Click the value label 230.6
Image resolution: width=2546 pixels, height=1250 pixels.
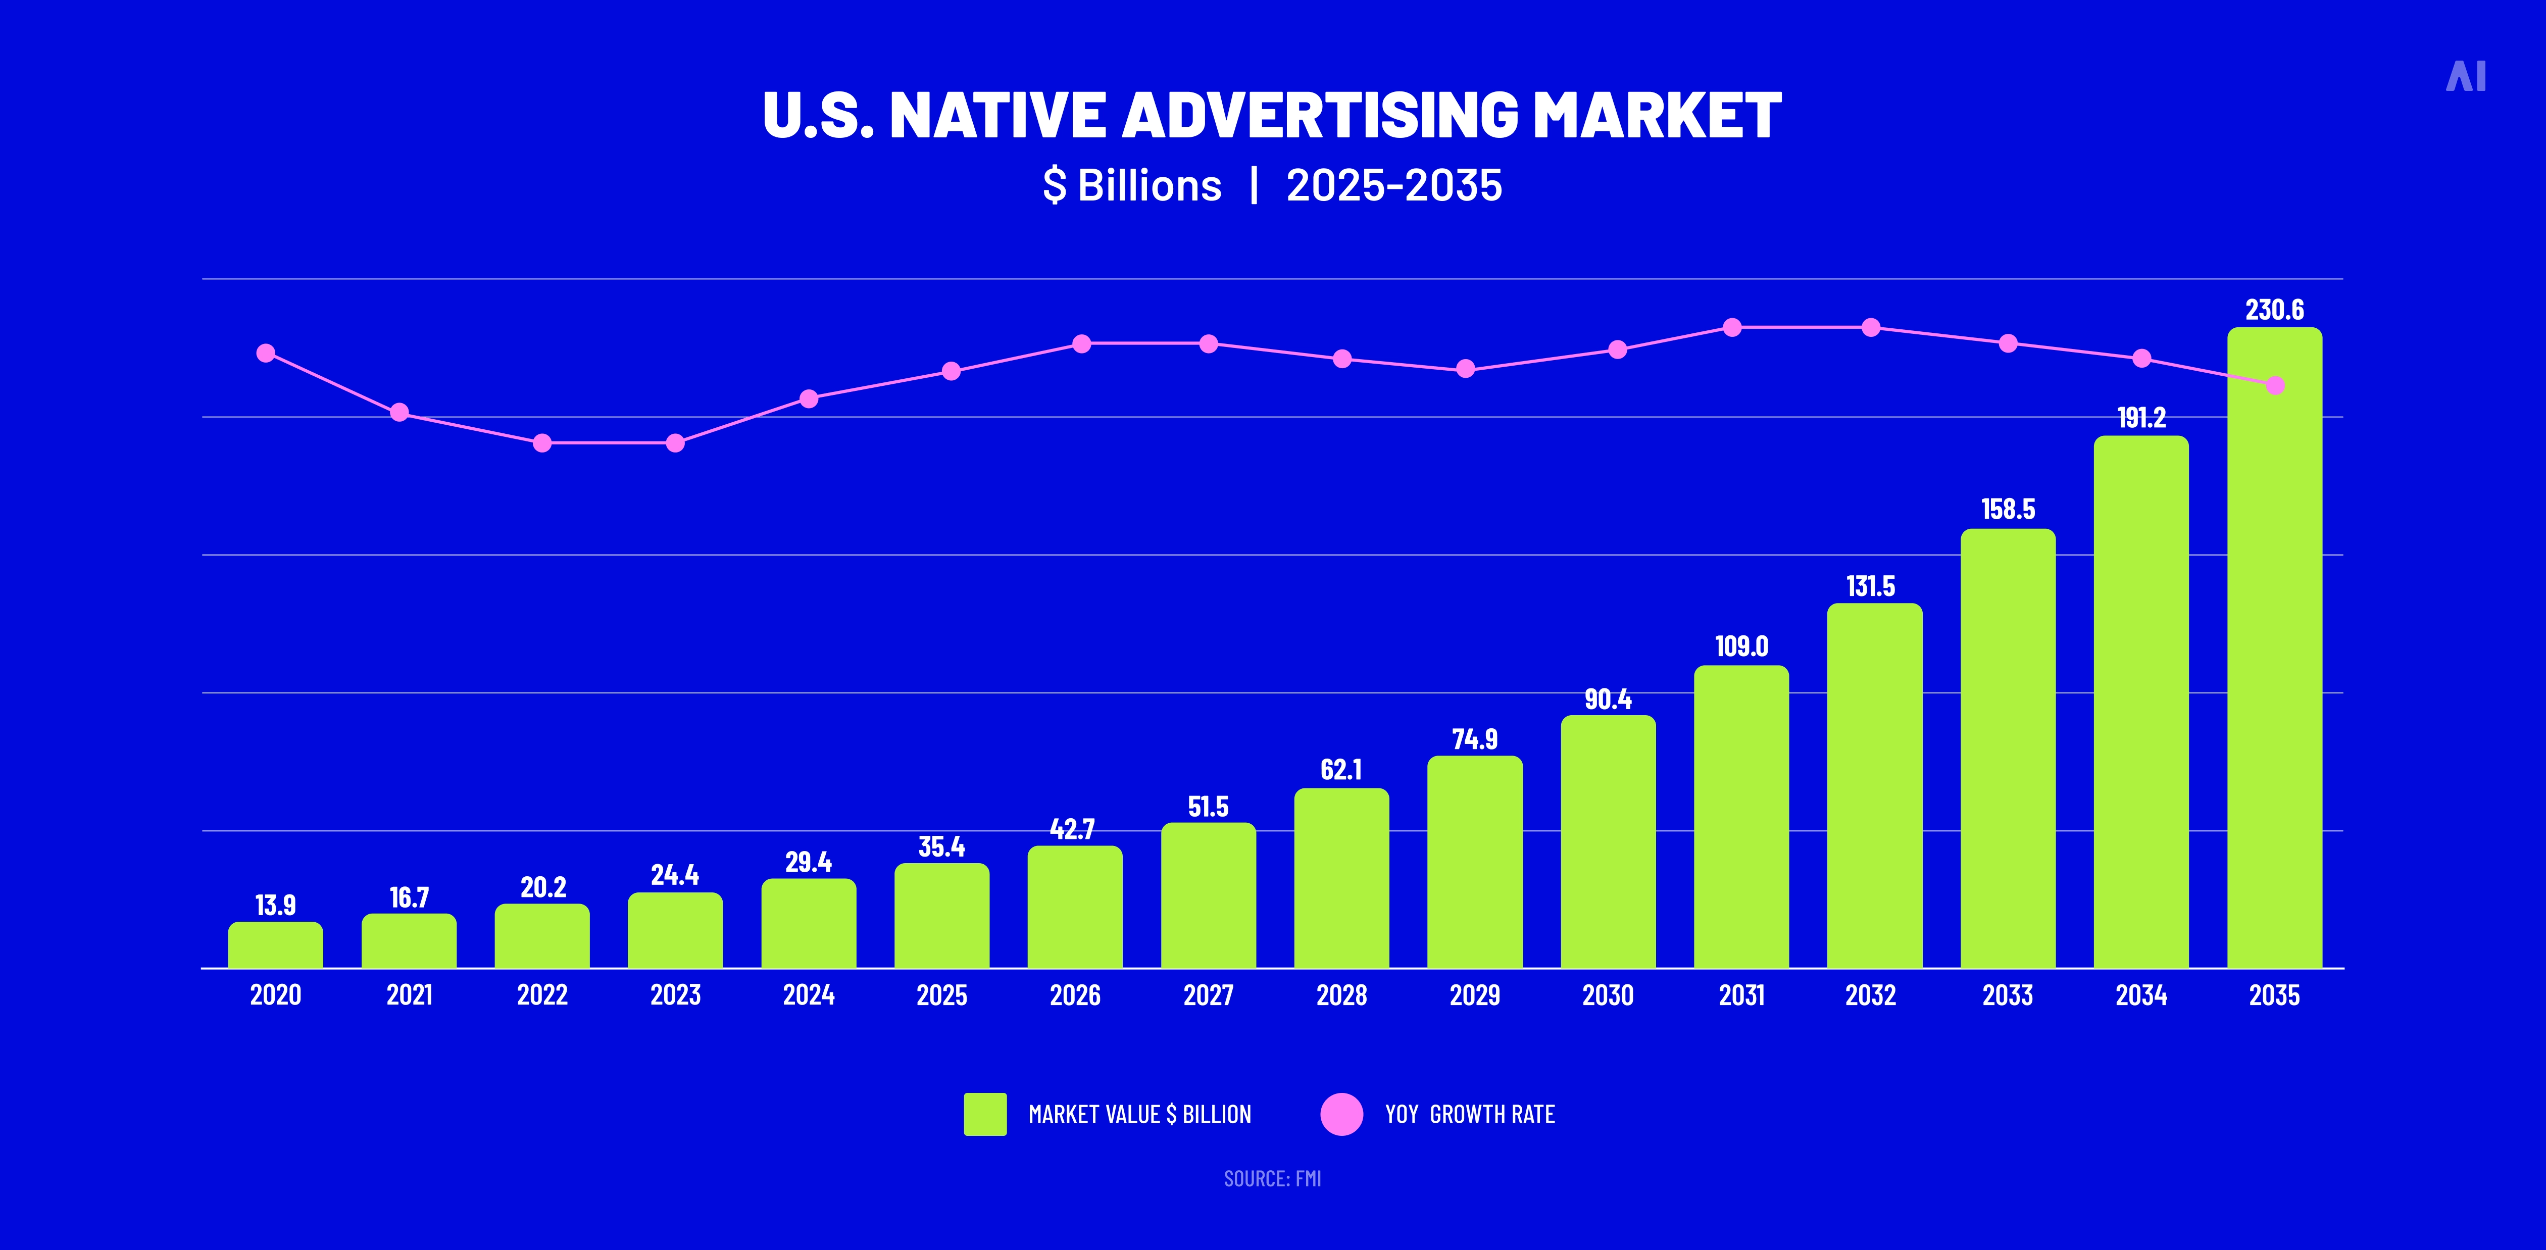2274,310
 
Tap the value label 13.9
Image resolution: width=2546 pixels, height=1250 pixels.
276,905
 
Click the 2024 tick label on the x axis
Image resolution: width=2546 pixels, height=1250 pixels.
809,995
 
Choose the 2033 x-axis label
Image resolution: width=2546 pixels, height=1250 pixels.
2007,995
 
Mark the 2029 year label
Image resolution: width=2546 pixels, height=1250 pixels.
1475,995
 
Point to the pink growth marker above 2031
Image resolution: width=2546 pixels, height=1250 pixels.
1732,327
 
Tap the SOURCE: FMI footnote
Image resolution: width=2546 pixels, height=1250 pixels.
1272,1179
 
